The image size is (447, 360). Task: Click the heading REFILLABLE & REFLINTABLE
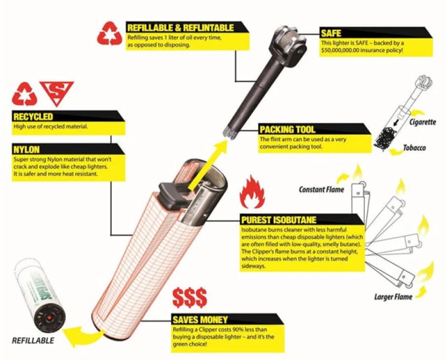(180, 27)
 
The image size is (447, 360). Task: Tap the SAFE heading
(331, 33)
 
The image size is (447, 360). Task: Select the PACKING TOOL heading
(287, 129)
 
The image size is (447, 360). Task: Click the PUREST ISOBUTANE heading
(279, 220)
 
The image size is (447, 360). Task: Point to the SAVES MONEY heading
(200, 320)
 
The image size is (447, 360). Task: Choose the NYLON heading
(26, 150)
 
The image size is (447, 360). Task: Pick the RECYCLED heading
(33, 117)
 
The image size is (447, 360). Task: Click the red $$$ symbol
(189, 297)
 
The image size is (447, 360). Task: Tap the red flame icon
(252, 192)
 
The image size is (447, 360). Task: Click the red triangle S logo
(57, 92)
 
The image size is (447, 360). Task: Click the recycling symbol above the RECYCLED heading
(25, 94)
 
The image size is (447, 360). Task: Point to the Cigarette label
(423, 122)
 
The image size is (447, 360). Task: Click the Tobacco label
(415, 148)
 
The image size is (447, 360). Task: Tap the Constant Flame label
(321, 189)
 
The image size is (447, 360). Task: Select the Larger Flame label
(393, 297)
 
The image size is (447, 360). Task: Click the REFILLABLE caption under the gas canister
(33, 340)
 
